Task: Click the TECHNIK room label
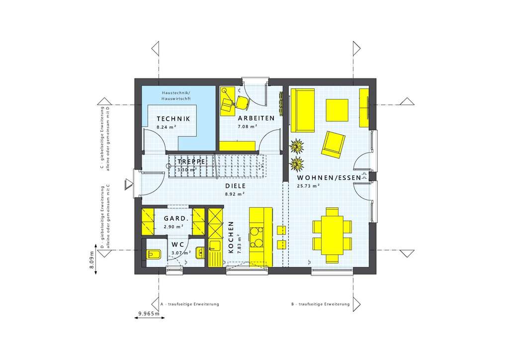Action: click(x=173, y=119)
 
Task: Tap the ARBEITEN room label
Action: click(x=256, y=118)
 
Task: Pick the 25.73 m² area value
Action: click(x=308, y=185)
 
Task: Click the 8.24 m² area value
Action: click(x=167, y=127)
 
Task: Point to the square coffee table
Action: click(x=337, y=110)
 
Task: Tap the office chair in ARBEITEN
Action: click(x=243, y=102)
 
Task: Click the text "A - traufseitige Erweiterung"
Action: click(x=189, y=304)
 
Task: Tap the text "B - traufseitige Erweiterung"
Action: click(x=320, y=304)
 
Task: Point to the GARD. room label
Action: click(x=175, y=218)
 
